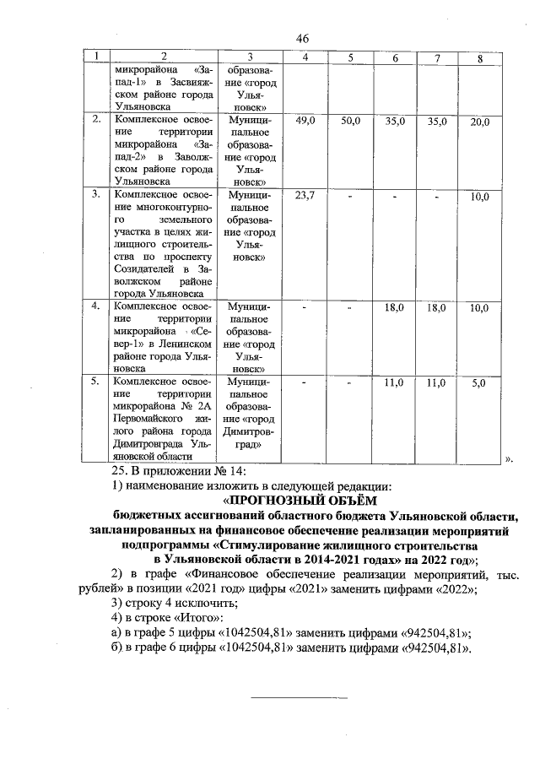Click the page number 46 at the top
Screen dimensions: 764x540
coord(303,38)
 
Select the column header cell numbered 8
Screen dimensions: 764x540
coord(480,58)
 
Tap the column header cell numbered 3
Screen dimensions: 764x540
coord(250,57)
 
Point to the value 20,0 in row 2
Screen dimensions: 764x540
coord(480,122)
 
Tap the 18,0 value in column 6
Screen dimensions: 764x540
coord(394,308)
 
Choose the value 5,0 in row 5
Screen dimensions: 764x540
coord(480,382)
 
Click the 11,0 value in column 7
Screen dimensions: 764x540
coord(436,382)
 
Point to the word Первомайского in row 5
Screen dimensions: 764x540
coord(146,418)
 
